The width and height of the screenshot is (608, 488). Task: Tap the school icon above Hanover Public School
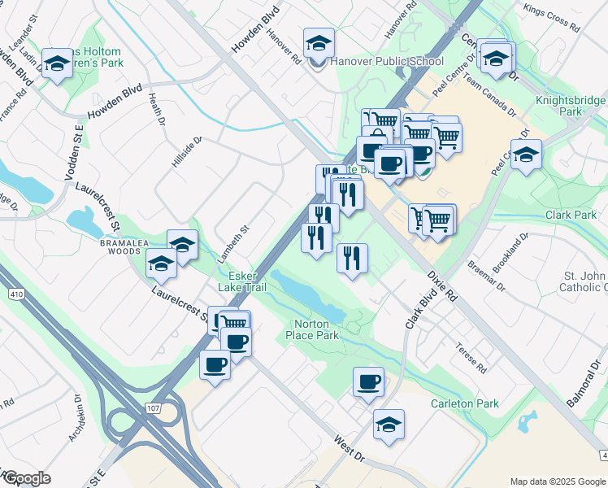pos(319,42)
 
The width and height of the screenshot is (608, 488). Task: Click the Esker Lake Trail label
pos(242,281)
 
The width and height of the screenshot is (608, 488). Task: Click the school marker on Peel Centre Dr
pos(526,155)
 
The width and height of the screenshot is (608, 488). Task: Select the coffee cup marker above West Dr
pos(368,381)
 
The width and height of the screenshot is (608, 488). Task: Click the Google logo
pos(28,477)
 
